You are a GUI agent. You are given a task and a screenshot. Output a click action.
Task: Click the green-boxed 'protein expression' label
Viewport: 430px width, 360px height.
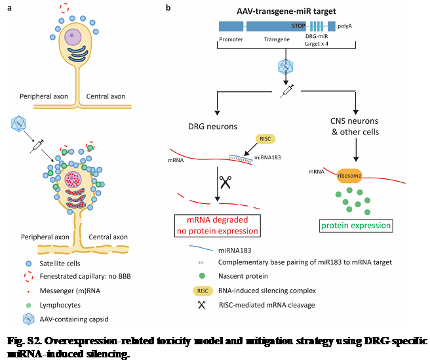click(x=355, y=226)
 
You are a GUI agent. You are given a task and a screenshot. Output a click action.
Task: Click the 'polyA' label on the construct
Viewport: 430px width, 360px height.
click(x=345, y=26)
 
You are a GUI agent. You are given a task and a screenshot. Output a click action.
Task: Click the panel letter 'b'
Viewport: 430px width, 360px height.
click(x=169, y=8)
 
